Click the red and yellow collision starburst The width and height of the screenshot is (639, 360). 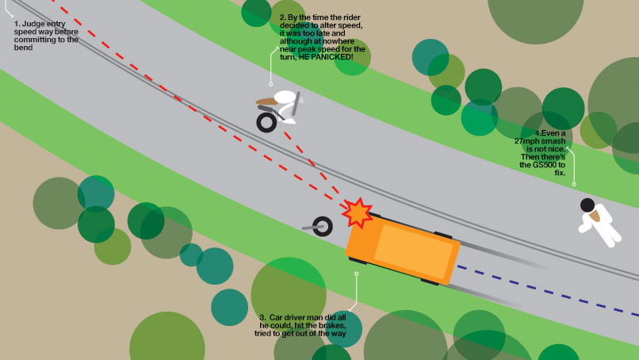click(358, 213)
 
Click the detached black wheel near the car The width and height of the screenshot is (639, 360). click(322, 228)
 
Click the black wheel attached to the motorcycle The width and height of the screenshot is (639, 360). click(266, 121)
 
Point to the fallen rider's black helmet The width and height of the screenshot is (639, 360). click(587, 205)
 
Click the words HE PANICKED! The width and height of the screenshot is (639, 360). click(325, 57)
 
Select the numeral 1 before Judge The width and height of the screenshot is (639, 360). click(16, 24)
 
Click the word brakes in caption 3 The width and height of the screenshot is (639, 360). click(331, 326)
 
